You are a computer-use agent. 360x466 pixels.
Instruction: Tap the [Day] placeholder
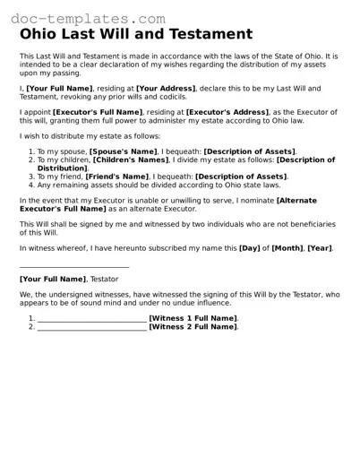click(x=249, y=246)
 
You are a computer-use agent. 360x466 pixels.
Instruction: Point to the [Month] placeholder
click(x=287, y=246)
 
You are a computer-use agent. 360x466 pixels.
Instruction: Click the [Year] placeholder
click(x=321, y=246)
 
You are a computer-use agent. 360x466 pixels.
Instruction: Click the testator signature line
click(x=73, y=267)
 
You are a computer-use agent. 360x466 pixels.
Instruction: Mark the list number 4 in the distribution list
click(x=30, y=185)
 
